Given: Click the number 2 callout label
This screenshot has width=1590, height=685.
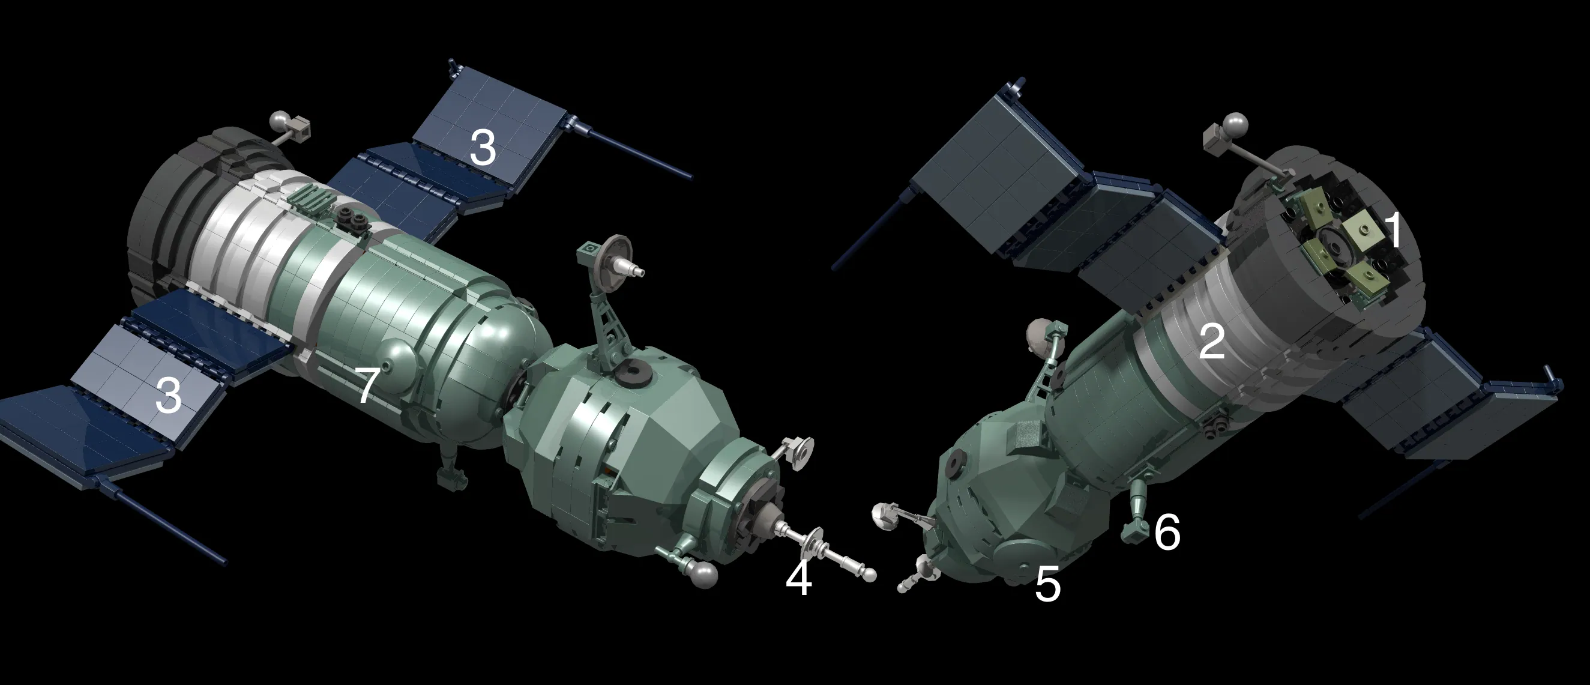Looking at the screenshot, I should coord(1211,341).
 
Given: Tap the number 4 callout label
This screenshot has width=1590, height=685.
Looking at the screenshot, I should coord(798,579).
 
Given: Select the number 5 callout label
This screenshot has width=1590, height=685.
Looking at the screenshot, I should coord(1047,584).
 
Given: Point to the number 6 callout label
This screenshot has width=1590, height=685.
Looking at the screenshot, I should coord(1167,532).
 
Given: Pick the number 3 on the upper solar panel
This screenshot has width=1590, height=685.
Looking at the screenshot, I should coord(482,148).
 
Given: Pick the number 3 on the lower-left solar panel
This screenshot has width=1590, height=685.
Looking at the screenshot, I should coord(168,395).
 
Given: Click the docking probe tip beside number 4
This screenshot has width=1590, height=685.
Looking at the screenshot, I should coord(869,575).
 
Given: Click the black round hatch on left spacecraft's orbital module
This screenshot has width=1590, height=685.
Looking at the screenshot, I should coord(630,372).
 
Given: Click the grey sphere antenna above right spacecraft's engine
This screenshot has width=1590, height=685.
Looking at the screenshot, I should coord(1236,125).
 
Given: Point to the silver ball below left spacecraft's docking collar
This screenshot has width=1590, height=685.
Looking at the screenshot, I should coord(704,573).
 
